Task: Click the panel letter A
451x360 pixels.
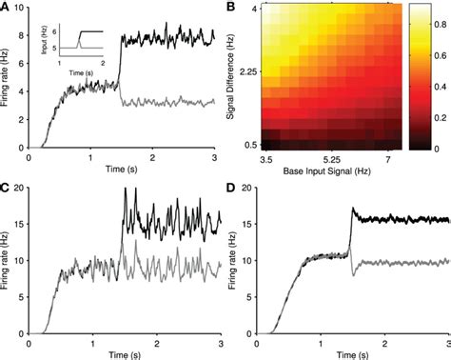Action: [x=6, y=8]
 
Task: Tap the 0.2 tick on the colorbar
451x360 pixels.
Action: [x=433, y=116]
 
